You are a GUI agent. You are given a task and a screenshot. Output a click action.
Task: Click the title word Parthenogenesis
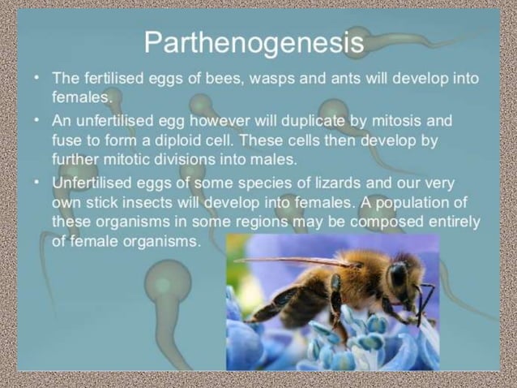[254, 43]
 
